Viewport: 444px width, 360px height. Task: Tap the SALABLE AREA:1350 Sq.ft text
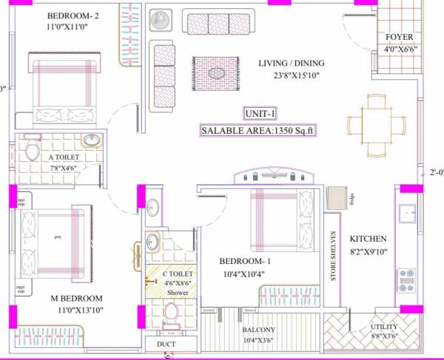click(259, 130)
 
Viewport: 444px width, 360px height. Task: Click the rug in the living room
click(216, 73)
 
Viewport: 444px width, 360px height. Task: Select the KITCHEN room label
click(369, 239)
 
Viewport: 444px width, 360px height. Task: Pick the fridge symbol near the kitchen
click(337, 198)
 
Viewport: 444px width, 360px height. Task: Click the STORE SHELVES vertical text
click(333, 256)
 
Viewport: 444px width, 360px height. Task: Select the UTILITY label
click(383, 327)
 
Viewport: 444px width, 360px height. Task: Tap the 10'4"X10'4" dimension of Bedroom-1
click(243, 274)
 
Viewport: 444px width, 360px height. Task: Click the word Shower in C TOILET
click(178, 293)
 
